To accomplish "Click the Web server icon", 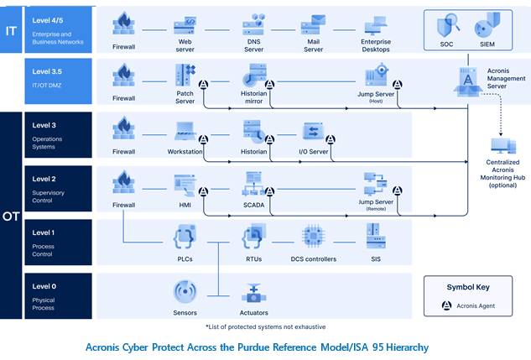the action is click(185, 26).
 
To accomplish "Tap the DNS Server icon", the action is click(253, 24).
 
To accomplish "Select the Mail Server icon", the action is click(313, 24).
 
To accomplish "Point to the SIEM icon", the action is click(487, 24).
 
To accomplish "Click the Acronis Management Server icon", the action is click(468, 81).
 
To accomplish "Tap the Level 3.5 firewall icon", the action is click(123, 75).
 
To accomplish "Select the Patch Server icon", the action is click(185, 75).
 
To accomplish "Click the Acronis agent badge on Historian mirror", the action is click(269, 84).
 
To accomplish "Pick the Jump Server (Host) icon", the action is click(377, 74).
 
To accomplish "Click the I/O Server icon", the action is click(313, 131).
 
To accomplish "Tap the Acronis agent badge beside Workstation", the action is click(203, 139).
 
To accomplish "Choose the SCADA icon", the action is click(253, 183).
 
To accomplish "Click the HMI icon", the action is click(185, 185).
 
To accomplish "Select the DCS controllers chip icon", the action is click(313, 236).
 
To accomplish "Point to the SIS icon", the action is click(376, 236).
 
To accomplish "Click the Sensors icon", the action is click(185, 291).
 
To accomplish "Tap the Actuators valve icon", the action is click(253, 293).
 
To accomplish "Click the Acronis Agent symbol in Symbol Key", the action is click(446, 305).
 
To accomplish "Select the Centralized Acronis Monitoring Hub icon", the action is click(503, 146).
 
